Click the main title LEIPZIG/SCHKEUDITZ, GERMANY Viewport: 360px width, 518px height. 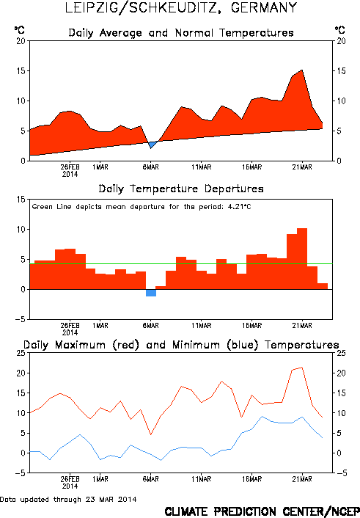click(181, 7)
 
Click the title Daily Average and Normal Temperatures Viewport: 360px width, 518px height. click(181, 33)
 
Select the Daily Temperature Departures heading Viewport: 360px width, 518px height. click(181, 189)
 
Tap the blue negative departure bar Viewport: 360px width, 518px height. click(151, 293)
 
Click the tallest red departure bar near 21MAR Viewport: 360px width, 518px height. click(302, 259)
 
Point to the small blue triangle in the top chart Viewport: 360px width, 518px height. click(153, 145)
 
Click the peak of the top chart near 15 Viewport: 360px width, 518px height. click(302, 70)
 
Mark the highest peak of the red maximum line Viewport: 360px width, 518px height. click(302, 368)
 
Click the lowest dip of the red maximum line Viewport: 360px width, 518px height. click(151, 434)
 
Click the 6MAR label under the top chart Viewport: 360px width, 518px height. click(150, 167)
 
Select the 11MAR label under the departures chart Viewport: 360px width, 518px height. click(201, 326)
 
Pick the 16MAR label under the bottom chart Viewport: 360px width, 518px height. click(251, 479)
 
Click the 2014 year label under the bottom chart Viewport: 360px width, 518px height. click(70, 486)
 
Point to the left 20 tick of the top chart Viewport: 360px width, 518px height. click(21, 41)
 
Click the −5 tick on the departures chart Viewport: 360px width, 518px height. click(20, 319)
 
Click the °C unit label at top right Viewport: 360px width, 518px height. click(340, 30)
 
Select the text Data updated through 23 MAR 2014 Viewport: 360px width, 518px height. click(68, 499)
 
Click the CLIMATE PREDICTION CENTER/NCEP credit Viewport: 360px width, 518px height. click(262, 511)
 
